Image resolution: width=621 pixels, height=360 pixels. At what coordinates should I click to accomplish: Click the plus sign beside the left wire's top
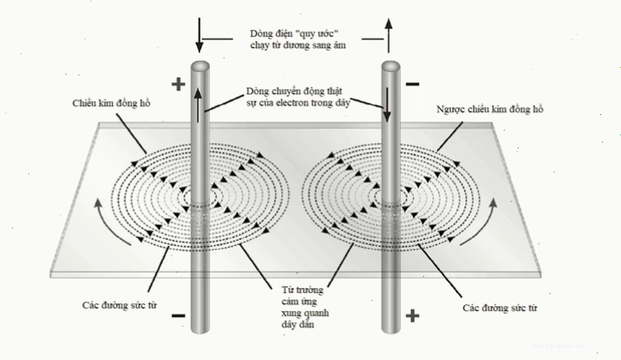click(178, 84)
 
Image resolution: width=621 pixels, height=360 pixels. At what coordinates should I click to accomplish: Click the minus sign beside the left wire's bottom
click(178, 316)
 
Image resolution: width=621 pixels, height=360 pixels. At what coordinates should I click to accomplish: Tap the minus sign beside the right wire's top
click(413, 84)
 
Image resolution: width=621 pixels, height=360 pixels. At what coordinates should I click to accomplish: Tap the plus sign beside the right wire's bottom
click(412, 316)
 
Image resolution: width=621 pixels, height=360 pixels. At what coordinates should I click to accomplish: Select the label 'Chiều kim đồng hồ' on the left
click(111, 103)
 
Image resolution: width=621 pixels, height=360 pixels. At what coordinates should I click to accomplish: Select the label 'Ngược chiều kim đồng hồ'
click(489, 109)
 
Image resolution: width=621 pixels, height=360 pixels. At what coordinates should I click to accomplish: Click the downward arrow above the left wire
click(200, 35)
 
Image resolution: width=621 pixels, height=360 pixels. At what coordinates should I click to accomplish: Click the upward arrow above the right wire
click(389, 35)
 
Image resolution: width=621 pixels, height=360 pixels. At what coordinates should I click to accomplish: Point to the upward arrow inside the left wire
click(198, 105)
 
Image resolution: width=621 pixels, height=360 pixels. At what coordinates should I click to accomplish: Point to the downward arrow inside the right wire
click(387, 105)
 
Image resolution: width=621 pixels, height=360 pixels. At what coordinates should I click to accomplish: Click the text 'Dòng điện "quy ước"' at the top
click(295, 33)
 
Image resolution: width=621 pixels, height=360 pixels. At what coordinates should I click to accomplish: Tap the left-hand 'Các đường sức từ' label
click(120, 305)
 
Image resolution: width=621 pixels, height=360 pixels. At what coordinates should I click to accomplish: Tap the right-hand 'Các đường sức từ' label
click(500, 308)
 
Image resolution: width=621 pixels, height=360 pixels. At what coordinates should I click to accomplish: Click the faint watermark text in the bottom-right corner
click(558, 345)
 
